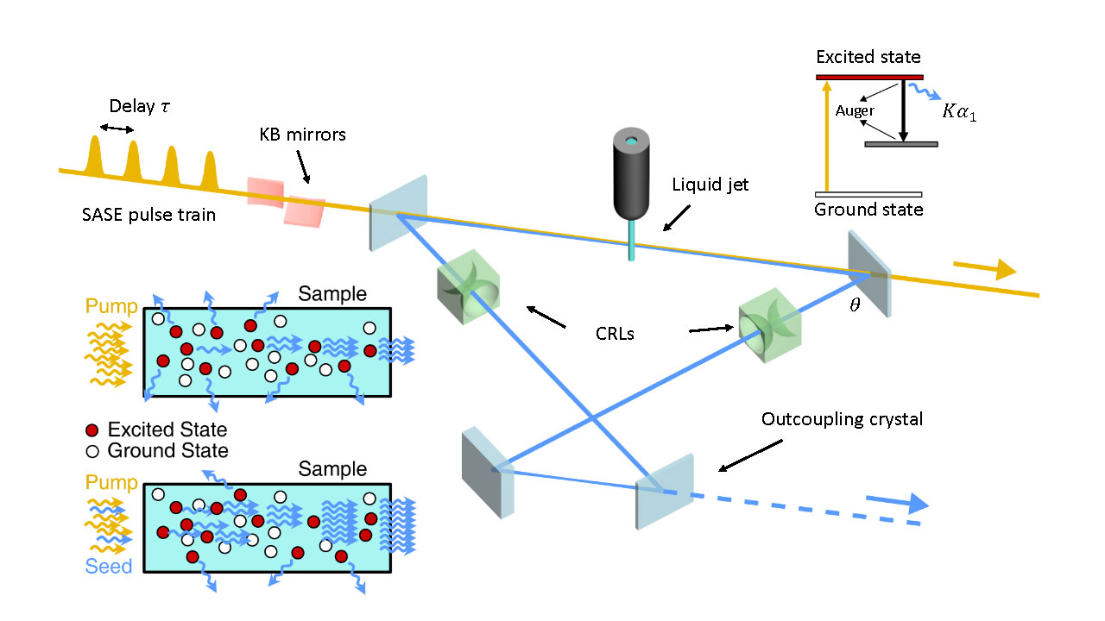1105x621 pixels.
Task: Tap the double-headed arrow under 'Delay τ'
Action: coord(117,129)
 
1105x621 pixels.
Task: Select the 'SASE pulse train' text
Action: coord(144,216)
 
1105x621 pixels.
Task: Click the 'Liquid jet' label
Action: coord(710,185)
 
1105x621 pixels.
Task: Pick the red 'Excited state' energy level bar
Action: coord(868,77)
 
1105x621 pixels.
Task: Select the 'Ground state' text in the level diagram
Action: coord(868,210)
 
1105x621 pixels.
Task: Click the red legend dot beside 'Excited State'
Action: coord(93,430)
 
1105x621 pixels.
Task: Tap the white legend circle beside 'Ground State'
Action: coord(93,450)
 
